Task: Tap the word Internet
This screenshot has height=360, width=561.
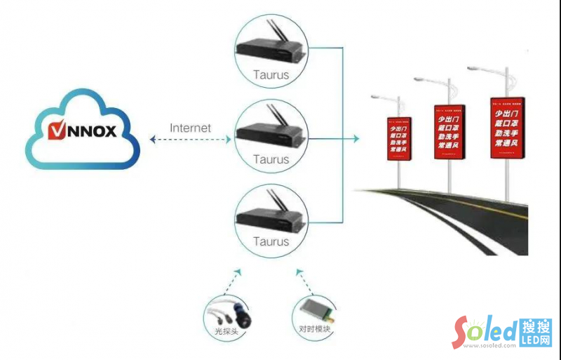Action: [190, 128]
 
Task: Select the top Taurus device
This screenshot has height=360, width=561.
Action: [271, 49]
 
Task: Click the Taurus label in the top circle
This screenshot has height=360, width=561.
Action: [271, 74]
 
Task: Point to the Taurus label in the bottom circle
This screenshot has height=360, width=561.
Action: [271, 241]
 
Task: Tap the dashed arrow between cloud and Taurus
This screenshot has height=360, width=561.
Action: [190, 140]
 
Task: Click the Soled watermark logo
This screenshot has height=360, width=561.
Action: [502, 331]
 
